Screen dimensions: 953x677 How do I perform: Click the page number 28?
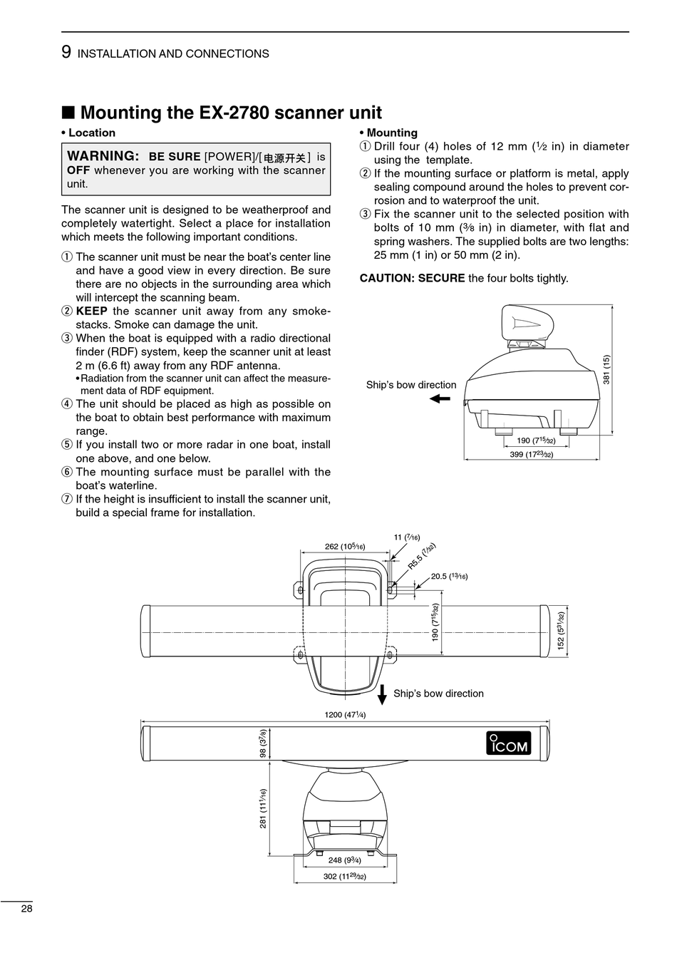pyautogui.click(x=26, y=909)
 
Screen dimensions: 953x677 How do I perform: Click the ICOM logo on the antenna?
pyautogui.click(x=509, y=743)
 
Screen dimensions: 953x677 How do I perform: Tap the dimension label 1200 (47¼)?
pyautogui.click(x=345, y=715)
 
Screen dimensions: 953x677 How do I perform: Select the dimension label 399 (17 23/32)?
pyautogui.click(x=531, y=454)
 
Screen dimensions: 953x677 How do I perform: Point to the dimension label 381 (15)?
pyautogui.click(x=606, y=369)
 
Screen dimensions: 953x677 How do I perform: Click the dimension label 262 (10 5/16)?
pyautogui.click(x=345, y=547)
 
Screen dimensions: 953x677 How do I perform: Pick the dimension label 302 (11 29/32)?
pyautogui.click(x=344, y=876)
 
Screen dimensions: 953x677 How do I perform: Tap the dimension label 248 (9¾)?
pyautogui.click(x=344, y=860)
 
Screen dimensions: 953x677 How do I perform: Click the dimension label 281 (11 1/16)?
pyautogui.click(x=263, y=808)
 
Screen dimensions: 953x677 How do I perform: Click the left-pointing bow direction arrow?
pyautogui.click(x=440, y=399)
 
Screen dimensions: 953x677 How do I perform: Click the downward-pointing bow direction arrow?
pyautogui.click(x=382, y=694)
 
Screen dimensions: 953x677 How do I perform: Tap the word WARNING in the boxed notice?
pyautogui.click(x=103, y=156)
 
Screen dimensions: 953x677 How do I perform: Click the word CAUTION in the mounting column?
pyautogui.click(x=386, y=278)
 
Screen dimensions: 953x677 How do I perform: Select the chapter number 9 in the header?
pyautogui.click(x=66, y=52)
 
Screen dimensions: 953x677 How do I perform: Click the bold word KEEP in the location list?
pyautogui.click(x=91, y=311)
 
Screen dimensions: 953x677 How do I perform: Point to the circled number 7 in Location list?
pyautogui.click(x=67, y=499)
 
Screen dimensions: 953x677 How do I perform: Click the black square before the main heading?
pyautogui.click(x=68, y=113)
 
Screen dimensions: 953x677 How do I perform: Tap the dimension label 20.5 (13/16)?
pyautogui.click(x=449, y=577)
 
